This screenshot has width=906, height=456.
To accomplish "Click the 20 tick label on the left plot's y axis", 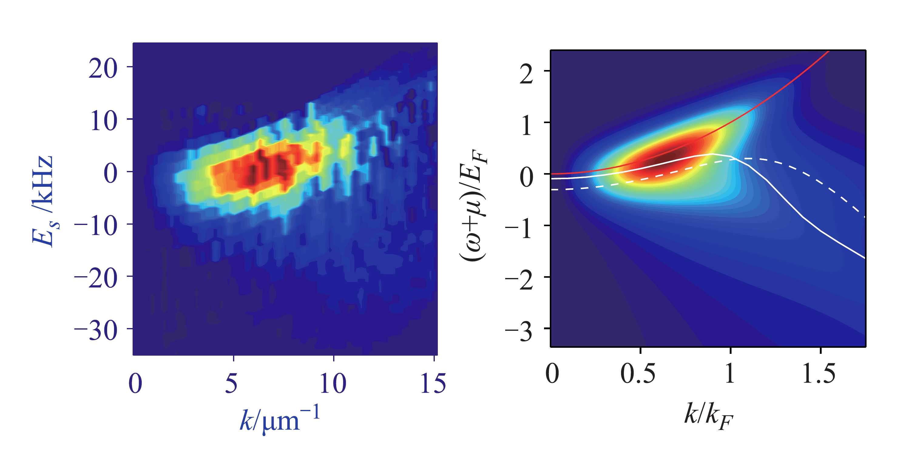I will pos(102,68).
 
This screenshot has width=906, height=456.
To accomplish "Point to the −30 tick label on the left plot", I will pos(96,331).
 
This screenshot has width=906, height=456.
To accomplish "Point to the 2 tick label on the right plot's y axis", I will pos(526,74).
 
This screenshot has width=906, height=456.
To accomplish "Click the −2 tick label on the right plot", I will pos(519,280).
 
